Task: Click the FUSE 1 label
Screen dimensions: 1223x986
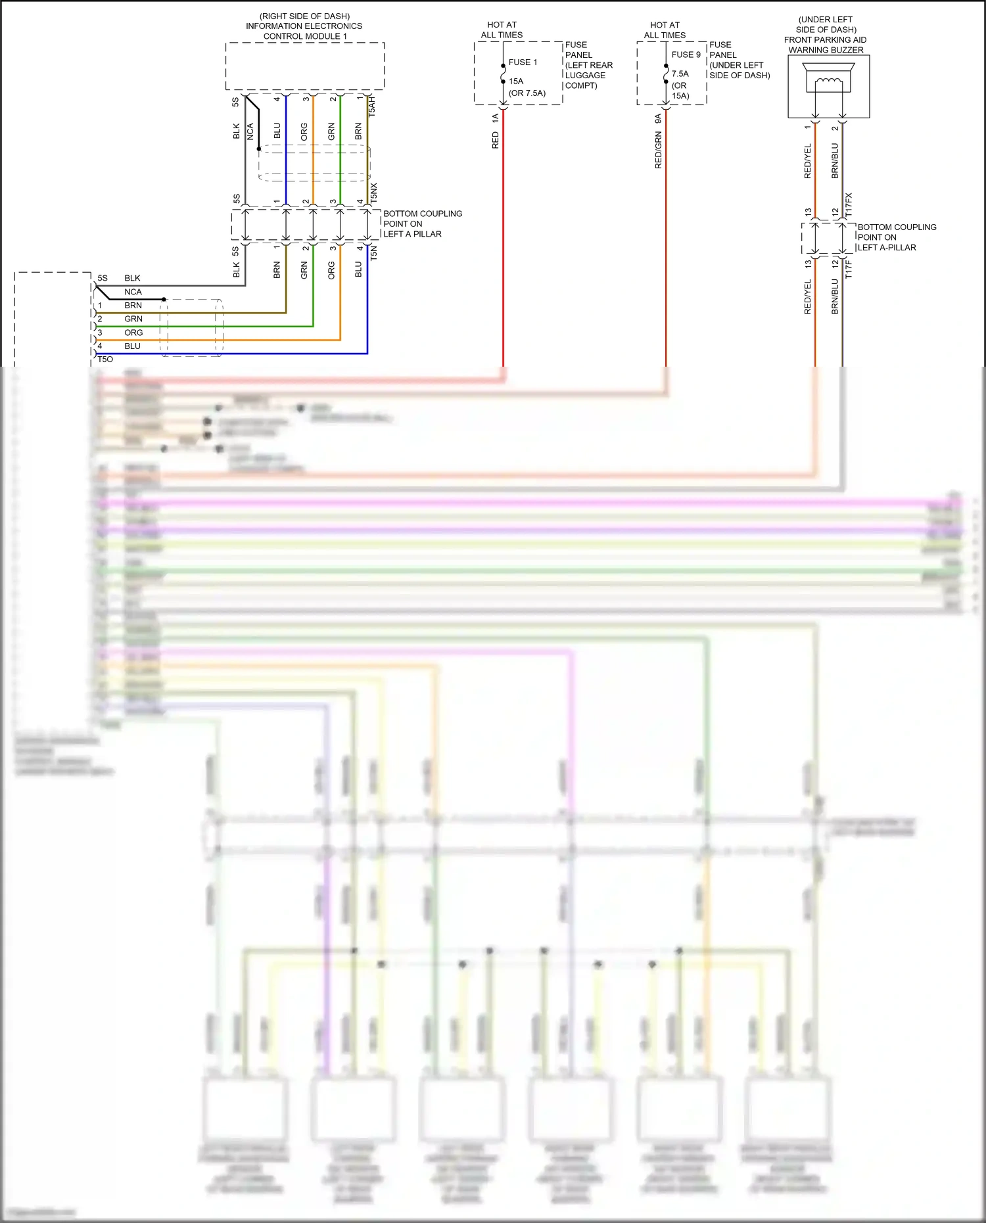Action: [x=523, y=62]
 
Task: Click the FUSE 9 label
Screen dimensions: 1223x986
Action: [x=686, y=55]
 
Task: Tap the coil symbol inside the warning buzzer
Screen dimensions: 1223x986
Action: [x=828, y=81]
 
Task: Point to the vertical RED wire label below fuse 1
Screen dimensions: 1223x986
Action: [x=496, y=140]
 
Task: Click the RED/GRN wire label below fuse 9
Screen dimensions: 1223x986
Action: [x=658, y=150]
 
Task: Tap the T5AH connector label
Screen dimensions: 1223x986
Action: [x=372, y=106]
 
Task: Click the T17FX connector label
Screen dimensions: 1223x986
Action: [x=849, y=205]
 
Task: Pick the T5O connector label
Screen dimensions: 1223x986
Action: [x=105, y=359]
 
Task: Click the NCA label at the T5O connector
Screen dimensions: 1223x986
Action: [x=133, y=292]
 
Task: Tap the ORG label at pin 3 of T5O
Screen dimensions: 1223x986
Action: [x=133, y=333]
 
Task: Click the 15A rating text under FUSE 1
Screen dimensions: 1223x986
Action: [x=516, y=81]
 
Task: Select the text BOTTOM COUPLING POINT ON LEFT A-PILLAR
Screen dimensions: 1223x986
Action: [x=896, y=237]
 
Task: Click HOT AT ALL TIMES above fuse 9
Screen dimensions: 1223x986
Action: [x=665, y=30]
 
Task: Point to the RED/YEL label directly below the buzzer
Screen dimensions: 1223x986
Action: [x=808, y=161]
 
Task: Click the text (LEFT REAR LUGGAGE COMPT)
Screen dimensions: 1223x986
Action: [x=588, y=75]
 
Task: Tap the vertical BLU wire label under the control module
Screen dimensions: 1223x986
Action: [x=277, y=131]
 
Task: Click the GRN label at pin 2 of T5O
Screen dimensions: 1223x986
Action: [x=133, y=319]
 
